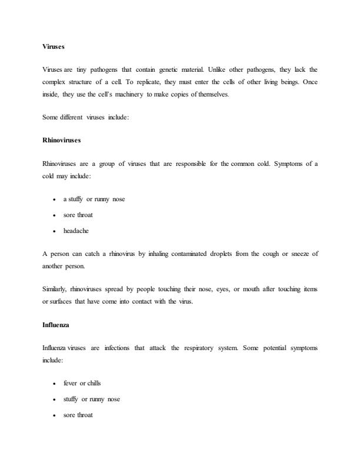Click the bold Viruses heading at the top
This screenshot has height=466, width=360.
53,45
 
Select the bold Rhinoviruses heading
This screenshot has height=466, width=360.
61,141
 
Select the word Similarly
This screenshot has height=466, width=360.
54,290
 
